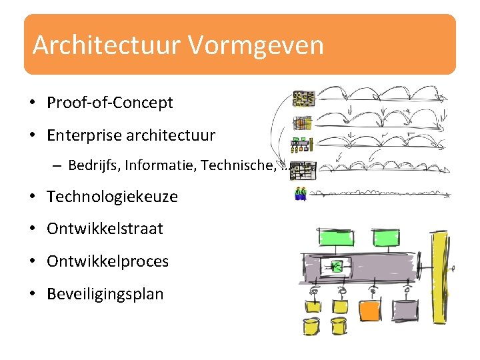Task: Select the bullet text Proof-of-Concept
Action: [x=109, y=103]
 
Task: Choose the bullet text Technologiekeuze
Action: [x=112, y=197]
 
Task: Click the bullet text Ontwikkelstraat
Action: [x=105, y=229]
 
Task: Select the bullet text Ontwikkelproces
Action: [x=107, y=261]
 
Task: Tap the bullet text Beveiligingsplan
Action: [x=105, y=294]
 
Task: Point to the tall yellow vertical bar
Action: [x=441, y=280]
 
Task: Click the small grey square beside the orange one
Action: [x=405, y=309]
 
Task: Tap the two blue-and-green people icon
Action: [x=301, y=194]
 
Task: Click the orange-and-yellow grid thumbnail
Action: [x=303, y=123]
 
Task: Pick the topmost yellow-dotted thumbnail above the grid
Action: [x=303, y=99]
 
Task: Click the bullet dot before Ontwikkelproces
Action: [x=32, y=262]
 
